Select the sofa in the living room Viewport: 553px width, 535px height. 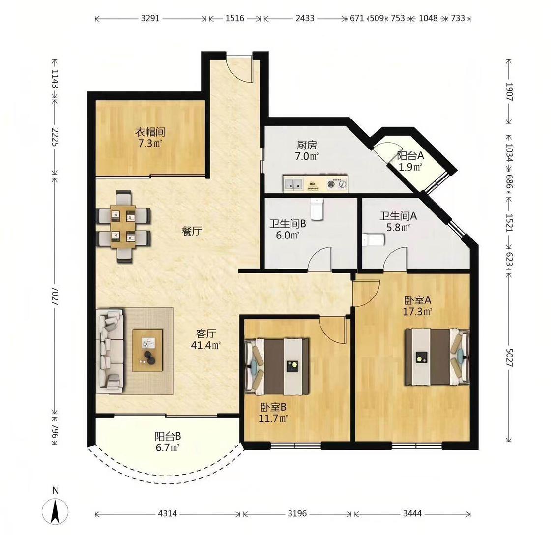click(110, 351)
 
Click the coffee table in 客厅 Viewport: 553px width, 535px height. click(147, 350)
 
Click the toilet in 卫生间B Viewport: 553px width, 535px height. click(317, 208)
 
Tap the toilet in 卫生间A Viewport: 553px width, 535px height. click(373, 239)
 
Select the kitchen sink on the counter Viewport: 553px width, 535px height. click(293, 183)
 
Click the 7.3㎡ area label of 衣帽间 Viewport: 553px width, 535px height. click(150, 143)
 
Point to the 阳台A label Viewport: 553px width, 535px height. click(410, 155)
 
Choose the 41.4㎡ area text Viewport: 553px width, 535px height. click(206, 345)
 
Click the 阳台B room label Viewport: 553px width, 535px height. click(168, 436)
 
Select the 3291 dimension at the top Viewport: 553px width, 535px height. click(150, 18)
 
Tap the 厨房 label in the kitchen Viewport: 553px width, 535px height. click(307, 145)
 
